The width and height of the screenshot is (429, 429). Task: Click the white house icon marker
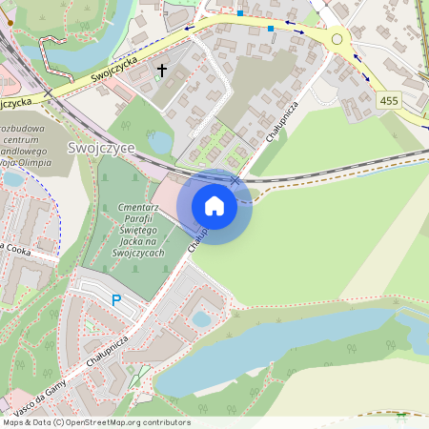coord(214,206)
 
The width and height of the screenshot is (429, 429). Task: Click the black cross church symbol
coord(162,71)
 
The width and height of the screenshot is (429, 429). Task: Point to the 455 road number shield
coord(388,100)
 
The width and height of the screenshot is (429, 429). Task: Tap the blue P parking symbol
coord(116,300)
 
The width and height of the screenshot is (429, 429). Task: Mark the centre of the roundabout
coord(337,40)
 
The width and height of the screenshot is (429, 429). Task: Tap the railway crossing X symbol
coord(235,179)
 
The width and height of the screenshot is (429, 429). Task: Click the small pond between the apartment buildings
coord(201,319)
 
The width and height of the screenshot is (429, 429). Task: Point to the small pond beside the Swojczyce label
coord(161,143)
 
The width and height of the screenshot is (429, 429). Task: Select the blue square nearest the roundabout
coord(271,29)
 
